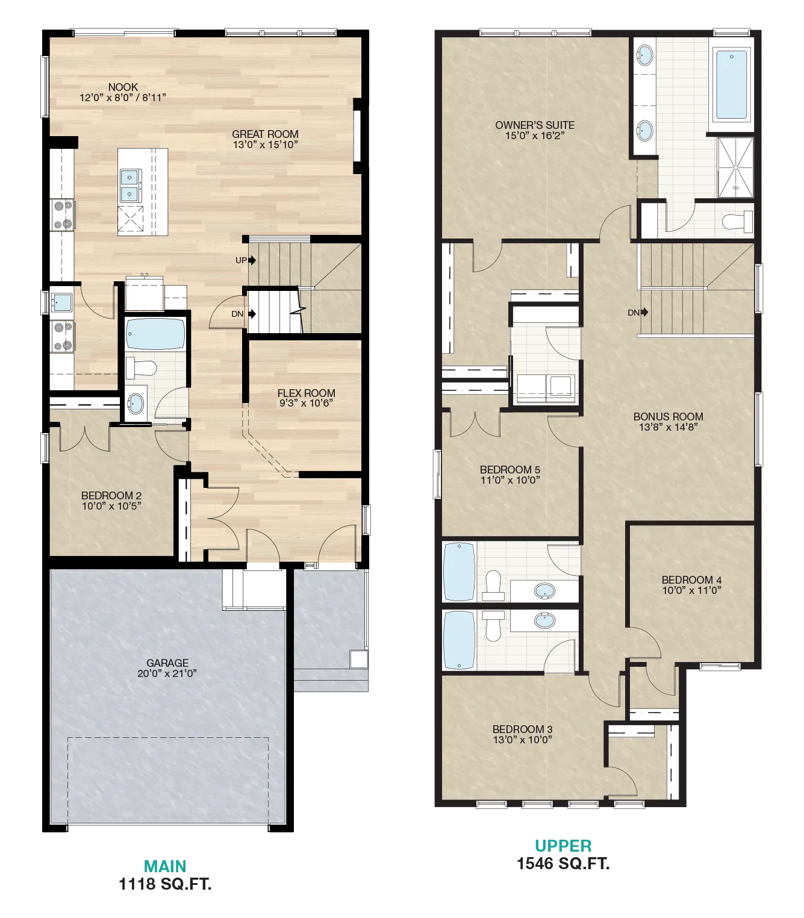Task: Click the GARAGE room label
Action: pyautogui.click(x=167, y=663)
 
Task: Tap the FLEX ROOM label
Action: pyautogui.click(x=306, y=393)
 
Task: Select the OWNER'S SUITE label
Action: pyautogui.click(x=534, y=125)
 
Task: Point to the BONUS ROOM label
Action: pyautogui.click(x=668, y=416)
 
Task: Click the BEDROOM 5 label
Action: pyautogui.click(x=510, y=469)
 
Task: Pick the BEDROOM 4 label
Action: pyautogui.click(x=691, y=579)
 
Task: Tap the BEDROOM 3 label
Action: pyautogui.click(x=522, y=729)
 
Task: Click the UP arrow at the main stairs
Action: pyautogui.click(x=252, y=260)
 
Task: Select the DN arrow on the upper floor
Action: pyautogui.click(x=644, y=312)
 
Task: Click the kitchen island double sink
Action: pyautogui.click(x=131, y=186)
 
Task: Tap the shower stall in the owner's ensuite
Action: pyautogui.click(x=735, y=167)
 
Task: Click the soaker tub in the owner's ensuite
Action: pyautogui.click(x=732, y=85)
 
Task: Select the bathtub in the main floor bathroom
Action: pyautogui.click(x=155, y=334)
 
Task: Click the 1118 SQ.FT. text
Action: pyautogui.click(x=165, y=884)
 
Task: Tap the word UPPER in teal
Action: pyautogui.click(x=563, y=846)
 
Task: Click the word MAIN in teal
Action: pyautogui.click(x=165, y=866)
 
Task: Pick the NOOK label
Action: pyautogui.click(x=123, y=87)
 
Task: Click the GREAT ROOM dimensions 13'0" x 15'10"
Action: pyautogui.click(x=265, y=145)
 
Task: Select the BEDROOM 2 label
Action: pyautogui.click(x=111, y=495)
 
